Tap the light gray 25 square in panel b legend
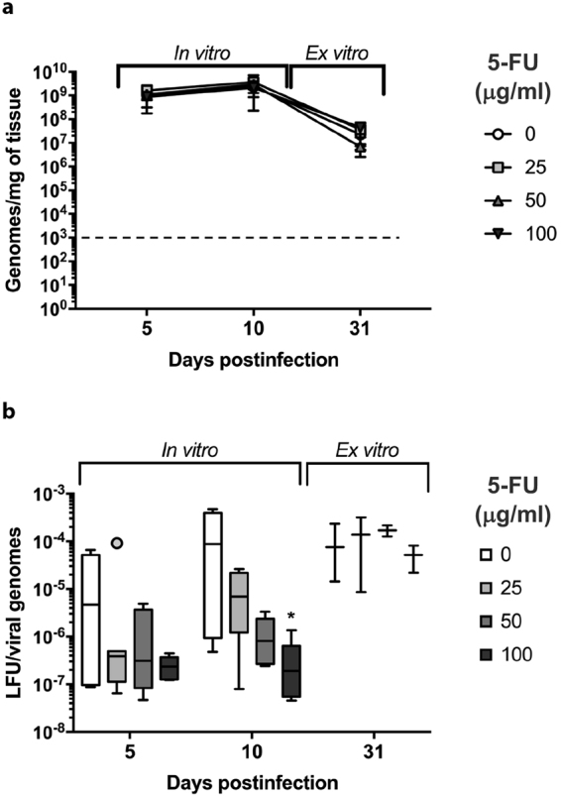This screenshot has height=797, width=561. [x=472, y=587]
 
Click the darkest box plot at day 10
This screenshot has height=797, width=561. [x=291, y=673]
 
